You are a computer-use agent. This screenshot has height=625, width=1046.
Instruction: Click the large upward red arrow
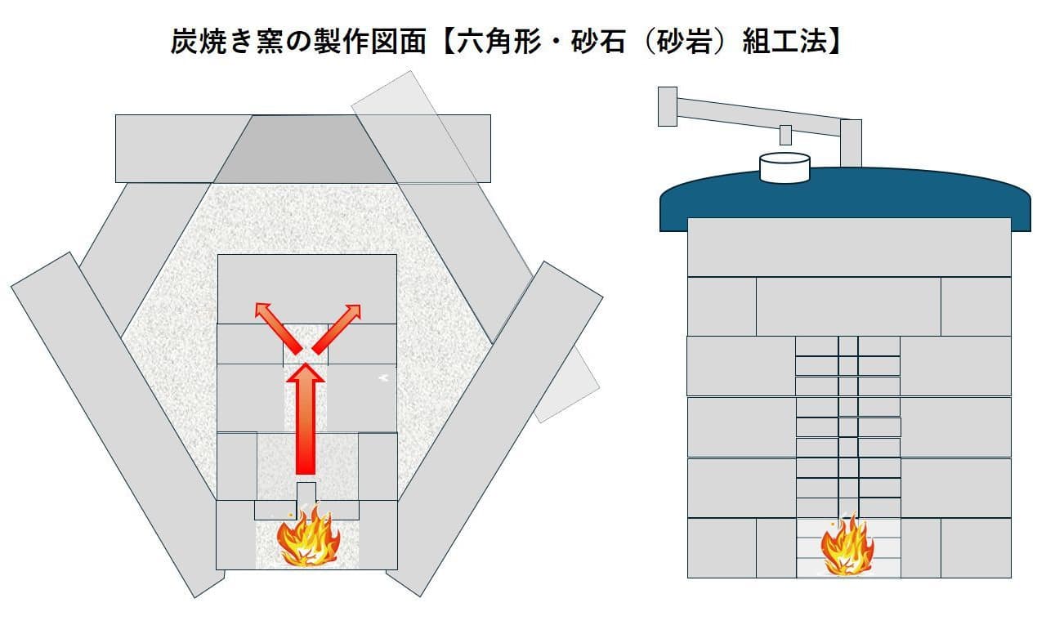[x=305, y=421]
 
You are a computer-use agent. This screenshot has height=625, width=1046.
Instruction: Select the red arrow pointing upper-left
[x=275, y=324]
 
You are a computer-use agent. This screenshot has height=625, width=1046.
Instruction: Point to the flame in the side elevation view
[x=847, y=546]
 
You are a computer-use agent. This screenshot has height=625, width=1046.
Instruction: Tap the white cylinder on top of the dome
[x=784, y=167]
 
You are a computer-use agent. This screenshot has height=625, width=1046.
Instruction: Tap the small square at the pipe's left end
[x=667, y=106]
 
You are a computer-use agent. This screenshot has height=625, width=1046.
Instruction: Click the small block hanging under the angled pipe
[x=785, y=134]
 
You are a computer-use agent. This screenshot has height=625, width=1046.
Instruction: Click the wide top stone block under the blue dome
[x=849, y=247]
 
